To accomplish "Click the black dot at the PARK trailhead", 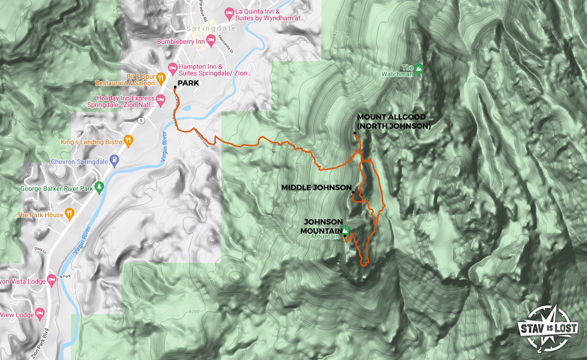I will click(175, 87).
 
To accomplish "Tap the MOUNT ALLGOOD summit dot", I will click(355, 133).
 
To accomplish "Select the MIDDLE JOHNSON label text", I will click(316, 188).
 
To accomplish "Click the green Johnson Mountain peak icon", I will click(345, 230).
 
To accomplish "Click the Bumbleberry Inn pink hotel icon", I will click(211, 38).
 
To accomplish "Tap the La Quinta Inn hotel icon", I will click(230, 12).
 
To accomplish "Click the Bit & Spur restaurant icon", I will click(161, 77).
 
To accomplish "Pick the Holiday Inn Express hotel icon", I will click(160, 99).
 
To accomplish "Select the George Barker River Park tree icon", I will click(99, 188).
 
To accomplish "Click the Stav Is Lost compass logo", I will click(548, 328).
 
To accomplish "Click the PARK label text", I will click(188, 83).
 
